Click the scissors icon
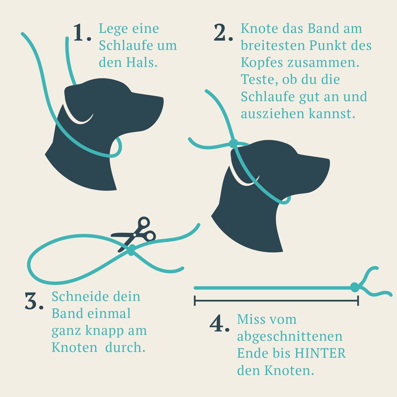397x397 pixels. tap(135, 234)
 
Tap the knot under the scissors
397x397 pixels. tap(131, 250)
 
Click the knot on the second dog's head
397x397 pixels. tap(234, 144)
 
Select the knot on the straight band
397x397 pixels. tap(355, 287)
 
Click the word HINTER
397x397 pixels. tap(320, 353)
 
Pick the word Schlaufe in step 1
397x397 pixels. tap(122, 46)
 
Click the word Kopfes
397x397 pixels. tap(262, 63)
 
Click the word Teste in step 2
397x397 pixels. tap(259, 80)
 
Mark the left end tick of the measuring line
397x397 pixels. tap(195, 300)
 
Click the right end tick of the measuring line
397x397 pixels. tap(358, 300)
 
